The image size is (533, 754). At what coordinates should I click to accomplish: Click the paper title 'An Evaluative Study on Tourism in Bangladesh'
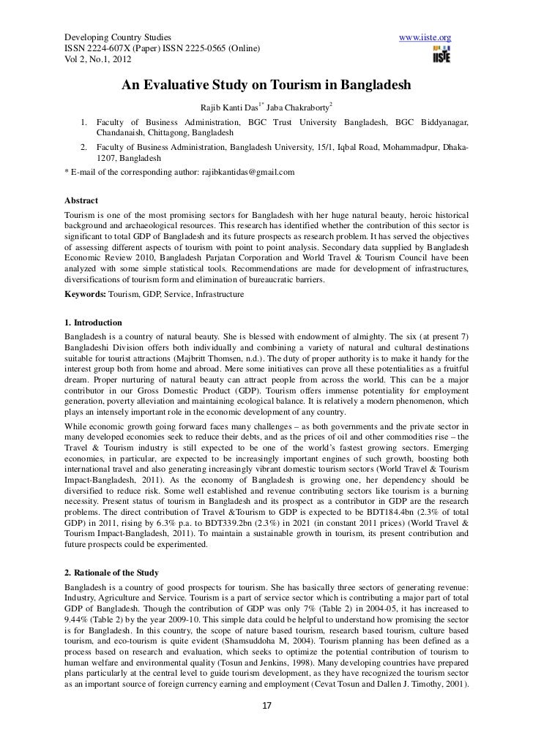coord(266,86)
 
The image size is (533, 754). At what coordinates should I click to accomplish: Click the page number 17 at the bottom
coord(266,737)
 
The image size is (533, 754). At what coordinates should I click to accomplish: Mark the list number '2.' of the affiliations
coord(85,147)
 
